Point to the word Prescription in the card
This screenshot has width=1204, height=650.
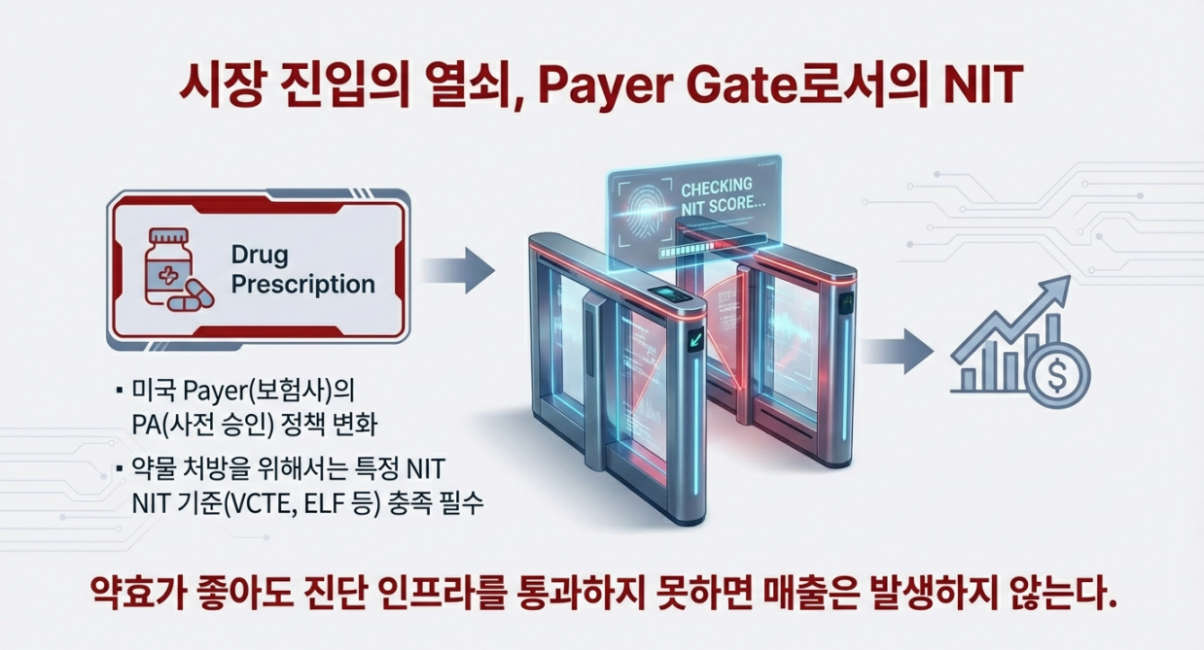(x=303, y=285)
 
